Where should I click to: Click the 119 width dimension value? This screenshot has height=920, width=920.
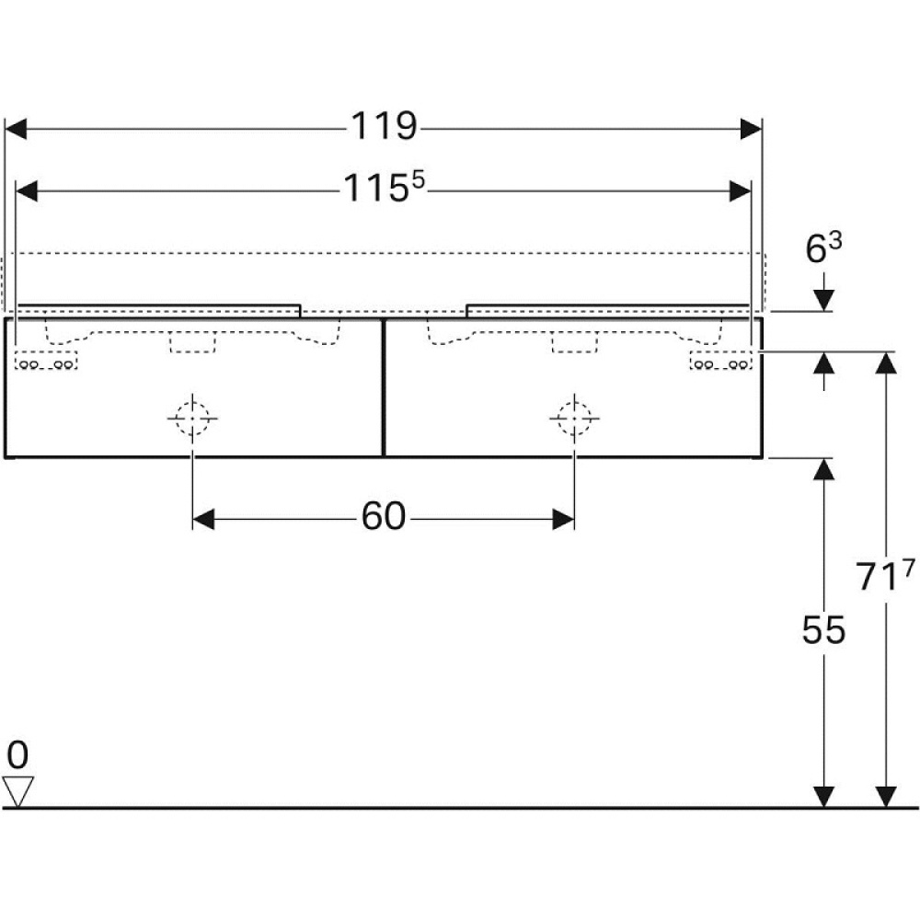point(383,127)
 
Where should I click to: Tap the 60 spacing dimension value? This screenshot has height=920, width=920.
point(383,518)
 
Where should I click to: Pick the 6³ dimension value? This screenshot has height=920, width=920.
point(823,248)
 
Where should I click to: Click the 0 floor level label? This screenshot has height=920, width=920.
point(17,755)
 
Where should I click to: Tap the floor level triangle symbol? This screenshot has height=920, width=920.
point(18,790)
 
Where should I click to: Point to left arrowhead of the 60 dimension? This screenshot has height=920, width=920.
point(203,520)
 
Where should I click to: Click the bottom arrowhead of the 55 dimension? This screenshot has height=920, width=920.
point(823,797)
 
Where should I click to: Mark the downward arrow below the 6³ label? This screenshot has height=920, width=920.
point(823,300)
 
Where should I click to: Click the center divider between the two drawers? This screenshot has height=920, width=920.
point(383,387)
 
